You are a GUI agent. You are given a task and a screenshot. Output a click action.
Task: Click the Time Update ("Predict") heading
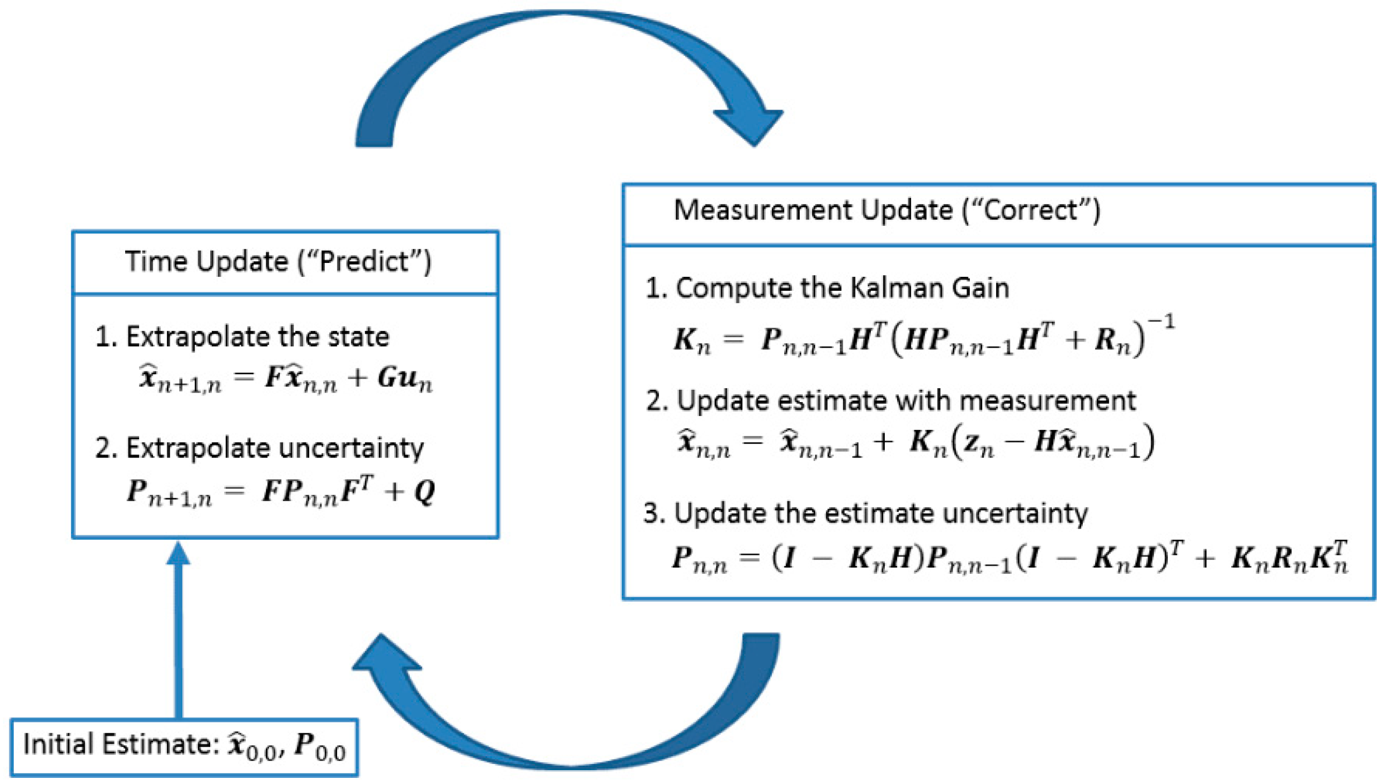click(278, 261)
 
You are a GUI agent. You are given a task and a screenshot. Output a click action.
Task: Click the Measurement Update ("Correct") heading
click(886, 211)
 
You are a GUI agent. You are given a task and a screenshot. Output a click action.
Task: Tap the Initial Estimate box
click(184, 747)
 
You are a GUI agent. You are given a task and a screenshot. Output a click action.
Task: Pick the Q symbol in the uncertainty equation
click(425, 492)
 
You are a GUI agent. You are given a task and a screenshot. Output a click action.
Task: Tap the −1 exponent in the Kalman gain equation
click(1161, 322)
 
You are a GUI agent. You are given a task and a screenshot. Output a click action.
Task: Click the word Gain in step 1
click(980, 288)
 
